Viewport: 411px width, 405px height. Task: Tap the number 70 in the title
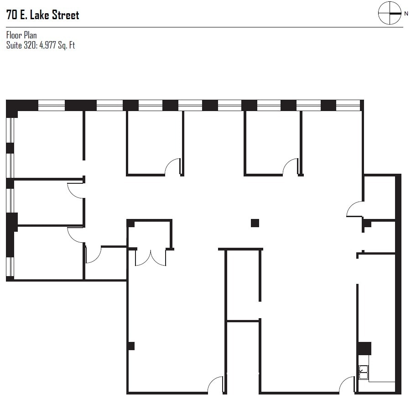[x=12, y=15]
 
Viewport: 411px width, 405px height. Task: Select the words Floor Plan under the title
[x=21, y=35]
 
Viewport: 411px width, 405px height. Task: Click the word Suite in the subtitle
[x=14, y=45]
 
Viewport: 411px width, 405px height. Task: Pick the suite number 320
[x=30, y=45]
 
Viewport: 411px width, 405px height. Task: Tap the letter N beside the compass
[x=406, y=14]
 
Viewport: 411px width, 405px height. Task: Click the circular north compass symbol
[x=390, y=13]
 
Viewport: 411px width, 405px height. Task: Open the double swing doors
[x=151, y=258]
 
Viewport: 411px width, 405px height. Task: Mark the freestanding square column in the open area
[x=255, y=223]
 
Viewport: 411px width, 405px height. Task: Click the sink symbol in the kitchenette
[x=364, y=373]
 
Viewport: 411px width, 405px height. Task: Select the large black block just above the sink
[x=364, y=348]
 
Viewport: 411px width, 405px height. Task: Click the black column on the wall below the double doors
[x=131, y=346]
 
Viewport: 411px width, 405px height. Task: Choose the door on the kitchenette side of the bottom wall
[x=347, y=385]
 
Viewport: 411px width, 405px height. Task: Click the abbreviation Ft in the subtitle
[x=72, y=45]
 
